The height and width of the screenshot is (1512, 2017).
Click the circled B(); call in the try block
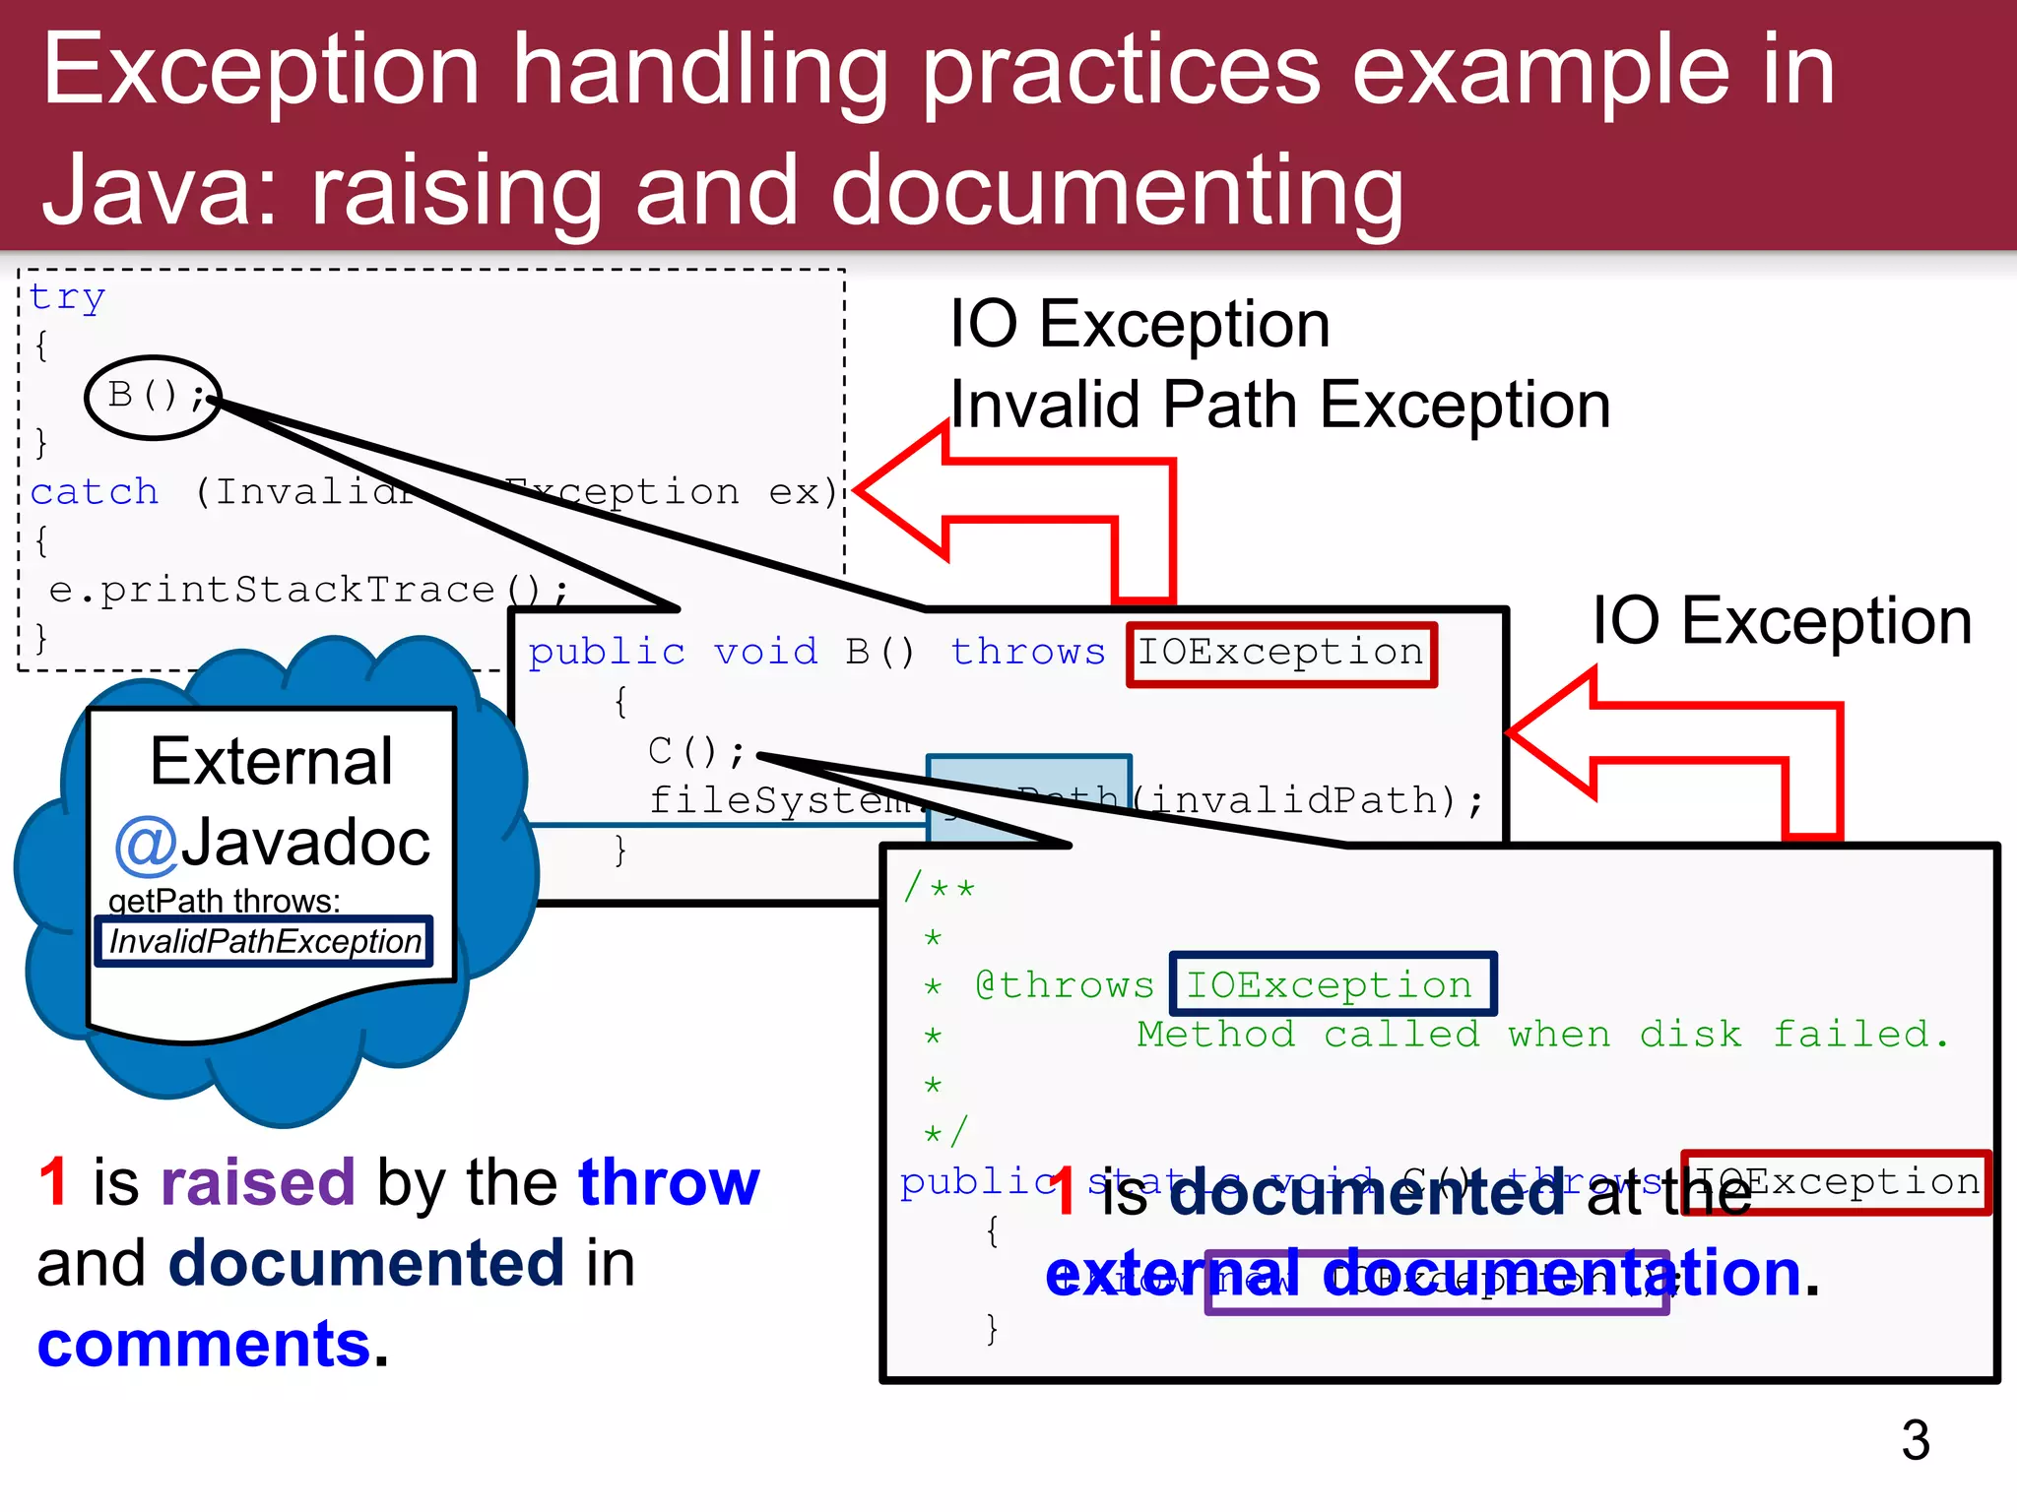click(153, 396)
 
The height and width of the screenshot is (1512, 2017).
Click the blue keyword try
click(67, 296)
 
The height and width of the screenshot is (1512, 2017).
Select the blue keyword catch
click(95, 491)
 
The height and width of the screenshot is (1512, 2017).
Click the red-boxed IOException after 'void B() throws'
click(1280, 653)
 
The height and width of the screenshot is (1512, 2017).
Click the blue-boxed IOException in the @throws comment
click(1332, 984)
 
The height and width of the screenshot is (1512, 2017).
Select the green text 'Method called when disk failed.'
click(1541, 1035)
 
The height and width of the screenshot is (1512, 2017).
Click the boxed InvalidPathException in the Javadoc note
click(264, 942)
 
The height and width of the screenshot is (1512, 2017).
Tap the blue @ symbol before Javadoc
click(146, 845)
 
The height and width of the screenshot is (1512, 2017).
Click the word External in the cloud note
click(272, 761)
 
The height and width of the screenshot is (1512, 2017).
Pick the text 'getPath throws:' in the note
click(224, 901)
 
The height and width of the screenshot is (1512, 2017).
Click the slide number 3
click(1915, 1440)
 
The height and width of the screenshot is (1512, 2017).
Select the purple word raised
click(257, 1182)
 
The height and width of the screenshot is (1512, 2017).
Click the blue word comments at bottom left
click(204, 1345)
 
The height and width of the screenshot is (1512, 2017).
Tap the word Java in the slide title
click(159, 190)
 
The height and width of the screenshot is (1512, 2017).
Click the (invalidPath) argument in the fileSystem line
click(1296, 800)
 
